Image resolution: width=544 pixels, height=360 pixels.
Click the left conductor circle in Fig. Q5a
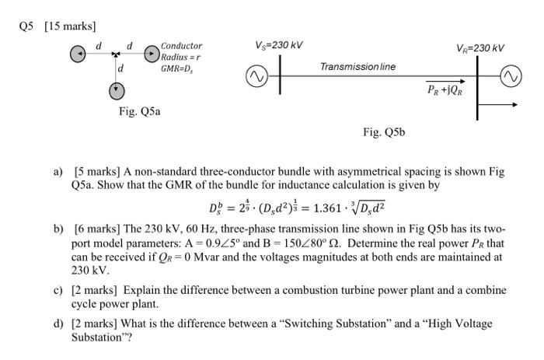point(78,55)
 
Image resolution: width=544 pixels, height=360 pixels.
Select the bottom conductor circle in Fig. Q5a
point(116,90)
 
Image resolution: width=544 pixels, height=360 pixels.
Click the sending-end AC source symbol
point(257,78)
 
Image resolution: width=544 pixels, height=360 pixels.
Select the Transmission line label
point(357,67)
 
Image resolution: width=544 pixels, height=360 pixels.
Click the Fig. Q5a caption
point(140,112)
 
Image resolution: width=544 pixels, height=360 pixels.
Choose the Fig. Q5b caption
point(384,132)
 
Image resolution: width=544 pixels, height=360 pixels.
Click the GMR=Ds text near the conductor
point(177,68)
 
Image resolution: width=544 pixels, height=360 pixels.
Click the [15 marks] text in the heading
point(71,26)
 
